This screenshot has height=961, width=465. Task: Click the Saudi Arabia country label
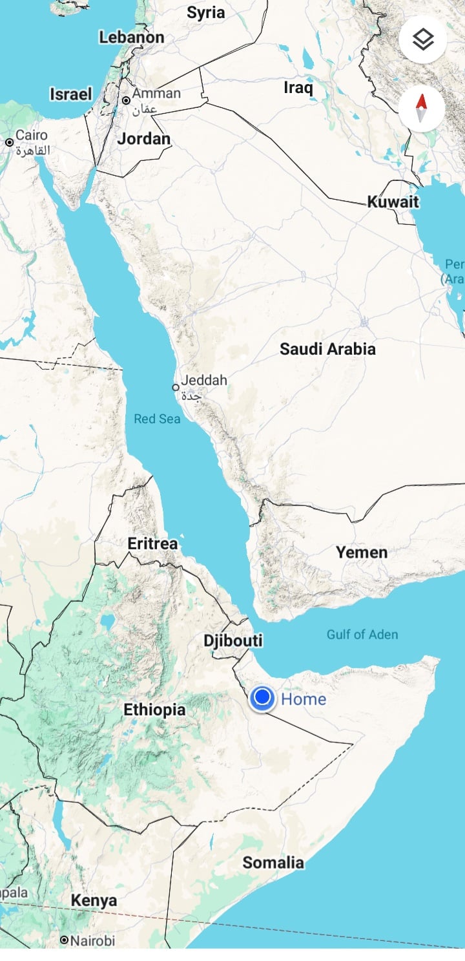pos(327,349)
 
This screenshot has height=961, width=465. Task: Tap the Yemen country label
pos(362,552)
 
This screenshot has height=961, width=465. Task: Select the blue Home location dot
pos(262,699)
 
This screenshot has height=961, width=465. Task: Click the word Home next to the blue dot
pos(304,699)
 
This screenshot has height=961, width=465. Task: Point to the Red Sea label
pos(157,419)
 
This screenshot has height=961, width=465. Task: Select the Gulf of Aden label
pos(362,634)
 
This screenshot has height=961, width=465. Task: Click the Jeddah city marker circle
pos(175,387)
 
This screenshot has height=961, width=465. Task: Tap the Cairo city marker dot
pos(10,142)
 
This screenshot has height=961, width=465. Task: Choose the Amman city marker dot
pos(126,100)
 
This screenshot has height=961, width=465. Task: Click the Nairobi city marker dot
pos(64,940)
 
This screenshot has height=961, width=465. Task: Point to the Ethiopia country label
pos(154,710)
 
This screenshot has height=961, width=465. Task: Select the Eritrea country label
pos(152,544)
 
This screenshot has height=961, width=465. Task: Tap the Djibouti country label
pos(233,640)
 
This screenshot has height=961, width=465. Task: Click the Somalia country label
pos(273,862)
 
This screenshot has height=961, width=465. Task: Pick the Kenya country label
pos(94,900)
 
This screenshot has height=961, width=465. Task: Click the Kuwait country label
pos(393,202)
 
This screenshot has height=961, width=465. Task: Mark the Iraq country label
pos(298,87)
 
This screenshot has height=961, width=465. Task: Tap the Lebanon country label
pos(132,37)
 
